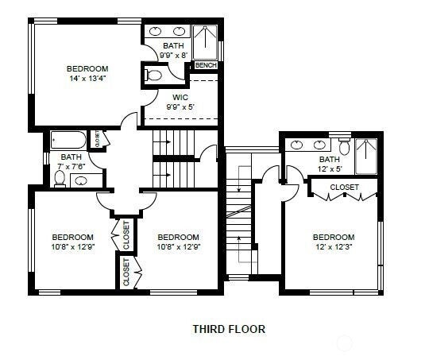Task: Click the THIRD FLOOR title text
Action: point(229,328)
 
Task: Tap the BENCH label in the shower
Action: point(206,65)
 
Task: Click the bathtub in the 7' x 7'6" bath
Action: point(70,141)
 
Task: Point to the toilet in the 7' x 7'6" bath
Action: point(60,179)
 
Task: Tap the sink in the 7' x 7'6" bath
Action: point(79,181)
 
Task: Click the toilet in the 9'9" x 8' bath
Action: point(154,76)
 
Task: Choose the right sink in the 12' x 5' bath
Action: point(322,145)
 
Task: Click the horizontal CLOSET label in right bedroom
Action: point(344,188)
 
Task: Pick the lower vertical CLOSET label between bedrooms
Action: point(126,272)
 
